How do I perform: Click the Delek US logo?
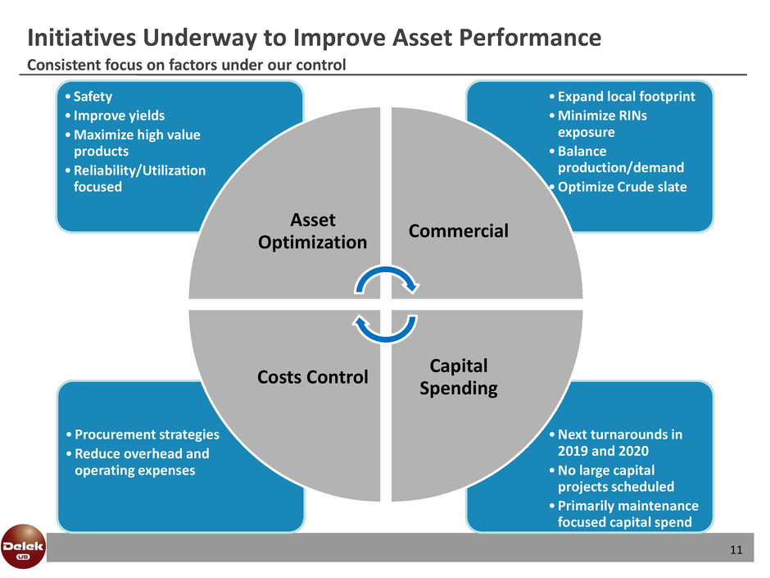point(22,544)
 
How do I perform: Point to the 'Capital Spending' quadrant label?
point(458,376)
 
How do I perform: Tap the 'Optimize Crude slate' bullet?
point(619,186)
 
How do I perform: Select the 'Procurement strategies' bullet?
point(143,435)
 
